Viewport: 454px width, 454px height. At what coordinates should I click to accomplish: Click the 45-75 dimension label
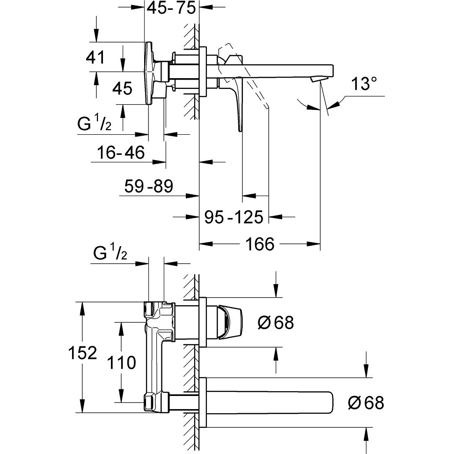click(x=171, y=8)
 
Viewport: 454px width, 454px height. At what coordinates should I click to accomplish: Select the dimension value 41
click(x=95, y=57)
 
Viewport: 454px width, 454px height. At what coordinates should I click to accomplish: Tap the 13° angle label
click(x=364, y=84)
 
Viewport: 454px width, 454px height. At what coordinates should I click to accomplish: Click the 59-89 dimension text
click(x=148, y=186)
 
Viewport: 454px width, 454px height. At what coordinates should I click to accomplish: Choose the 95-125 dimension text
click(x=234, y=217)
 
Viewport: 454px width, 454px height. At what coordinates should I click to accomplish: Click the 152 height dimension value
click(x=82, y=353)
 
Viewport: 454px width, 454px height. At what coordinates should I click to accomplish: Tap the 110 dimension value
click(x=122, y=363)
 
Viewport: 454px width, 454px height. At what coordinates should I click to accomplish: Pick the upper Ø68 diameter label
click(x=276, y=322)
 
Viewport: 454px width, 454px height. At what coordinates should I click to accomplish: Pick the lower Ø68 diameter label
click(x=366, y=403)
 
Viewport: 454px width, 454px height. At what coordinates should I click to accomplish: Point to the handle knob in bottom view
click(x=230, y=322)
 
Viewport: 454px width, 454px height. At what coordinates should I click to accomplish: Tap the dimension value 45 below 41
click(x=123, y=88)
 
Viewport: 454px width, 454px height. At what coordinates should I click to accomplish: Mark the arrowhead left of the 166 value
click(x=206, y=244)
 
